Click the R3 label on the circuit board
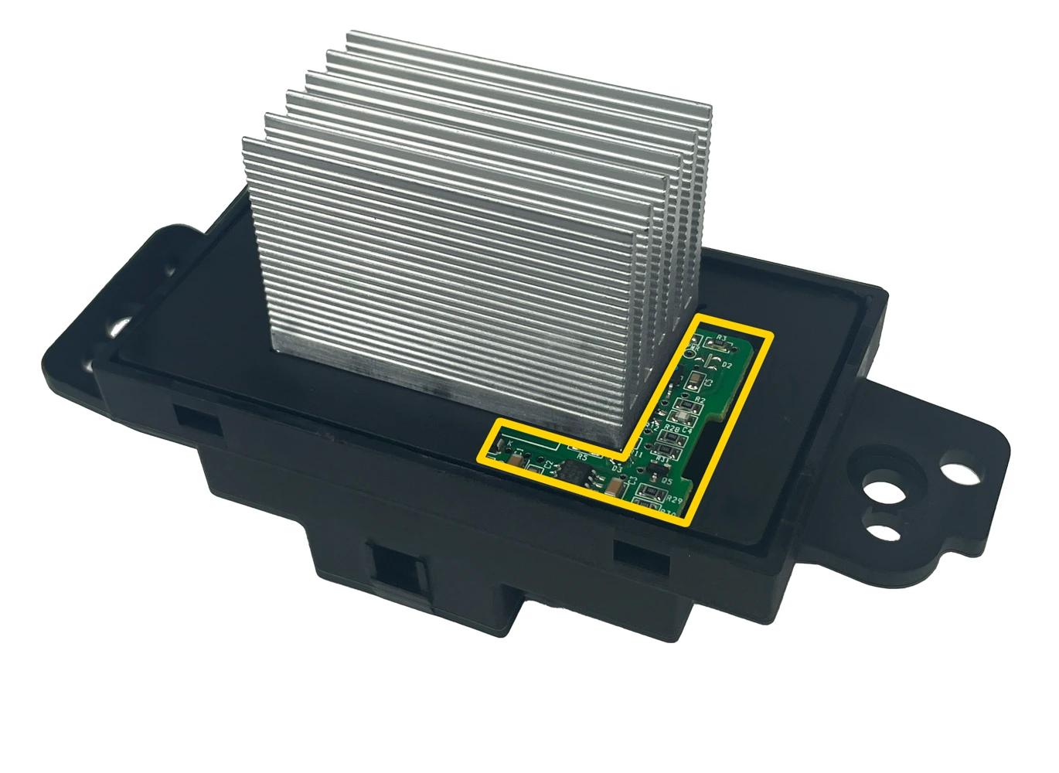pyautogui.click(x=721, y=338)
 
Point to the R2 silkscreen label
pyautogui.click(x=700, y=399)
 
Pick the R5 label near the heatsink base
pyautogui.click(x=582, y=458)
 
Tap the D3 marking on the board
pyautogui.click(x=617, y=468)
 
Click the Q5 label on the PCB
pyautogui.click(x=666, y=481)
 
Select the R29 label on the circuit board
pyautogui.click(x=673, y=499)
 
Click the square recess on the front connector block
pyautogui.click(x=396, y=570)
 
